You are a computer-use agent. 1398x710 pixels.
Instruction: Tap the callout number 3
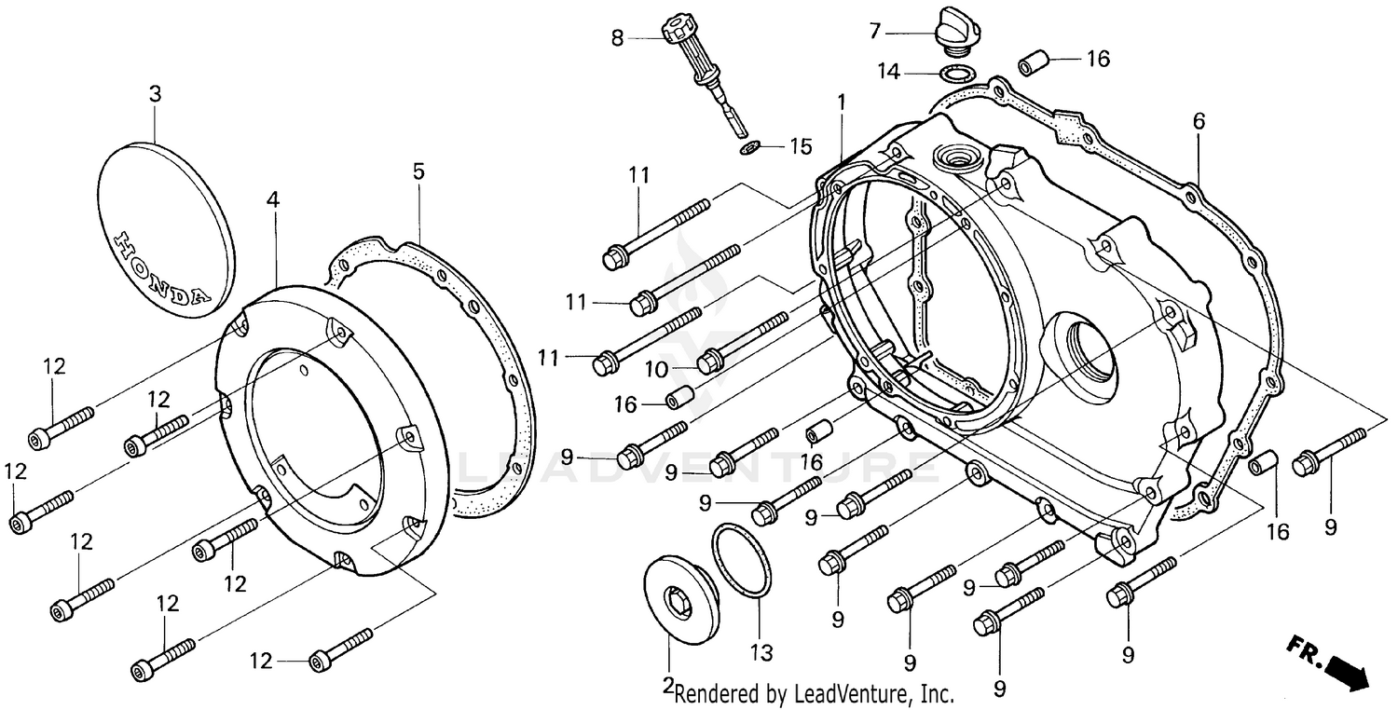coord(155,95)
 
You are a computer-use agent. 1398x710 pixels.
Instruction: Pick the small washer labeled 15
coord(748,148)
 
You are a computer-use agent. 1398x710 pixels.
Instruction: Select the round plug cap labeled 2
coord(681,598)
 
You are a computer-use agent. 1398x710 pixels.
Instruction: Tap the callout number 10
coord(657,370)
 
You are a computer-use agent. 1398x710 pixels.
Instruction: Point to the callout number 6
coord(1199,121)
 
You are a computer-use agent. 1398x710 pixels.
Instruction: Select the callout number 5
coord(418,171)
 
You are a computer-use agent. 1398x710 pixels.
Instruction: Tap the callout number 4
coord(271,199)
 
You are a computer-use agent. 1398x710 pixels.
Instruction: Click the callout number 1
coord(841,101)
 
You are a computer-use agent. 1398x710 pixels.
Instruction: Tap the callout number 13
coord(761,653)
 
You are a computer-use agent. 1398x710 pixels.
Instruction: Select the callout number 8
coord(617,39)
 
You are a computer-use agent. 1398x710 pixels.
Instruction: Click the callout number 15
coord(801,146)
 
